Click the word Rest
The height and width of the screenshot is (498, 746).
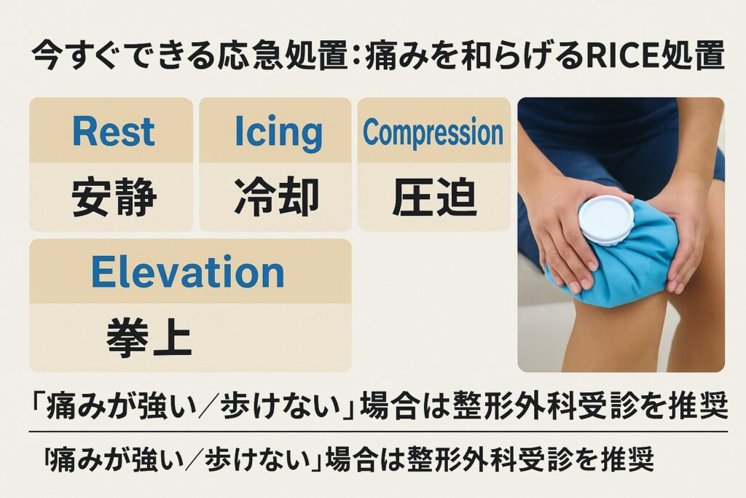[114, 131]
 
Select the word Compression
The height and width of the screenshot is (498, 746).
[433, 133]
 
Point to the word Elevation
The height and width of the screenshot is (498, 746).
[188, 272]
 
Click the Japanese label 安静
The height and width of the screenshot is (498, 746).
[114, 197]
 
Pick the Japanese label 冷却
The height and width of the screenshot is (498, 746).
[276, 197]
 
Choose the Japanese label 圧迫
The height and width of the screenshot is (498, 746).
[434, 197]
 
